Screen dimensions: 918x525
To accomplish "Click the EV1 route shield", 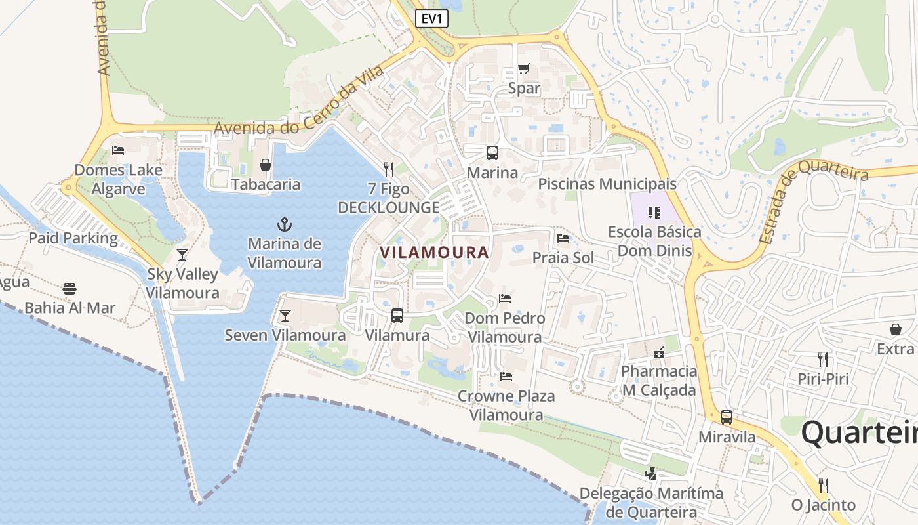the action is pyautogui.click(x=431, y=18).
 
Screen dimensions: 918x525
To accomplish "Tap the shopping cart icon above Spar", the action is pyautogui.click(x=523, y=68).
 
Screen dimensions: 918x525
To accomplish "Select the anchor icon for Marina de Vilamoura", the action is pyautogui.click(x=285, y=224).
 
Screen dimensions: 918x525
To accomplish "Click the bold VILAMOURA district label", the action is pyautogui.click(x=434, y=252).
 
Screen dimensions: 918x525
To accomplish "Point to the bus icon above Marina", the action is pyautogui.click(x=492, y=153).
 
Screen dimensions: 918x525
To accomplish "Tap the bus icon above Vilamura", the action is pyautogui.click(x=397, y=316).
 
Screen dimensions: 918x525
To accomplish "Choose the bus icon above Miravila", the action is pyautogui.click(x=727, y=417).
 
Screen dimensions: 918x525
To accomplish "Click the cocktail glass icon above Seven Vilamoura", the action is pyautogui.click(x=285, y=316).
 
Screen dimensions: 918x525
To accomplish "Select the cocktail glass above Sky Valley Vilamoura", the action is pyautogui.click(x=182, y=255).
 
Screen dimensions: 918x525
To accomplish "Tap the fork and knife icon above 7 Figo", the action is pyautogui.click(x=388, y=169).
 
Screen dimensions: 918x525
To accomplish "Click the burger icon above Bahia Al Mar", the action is pyautogui.click(x=70, y=289).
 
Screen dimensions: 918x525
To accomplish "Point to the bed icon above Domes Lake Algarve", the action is pyautogui.click(x=118, y=150).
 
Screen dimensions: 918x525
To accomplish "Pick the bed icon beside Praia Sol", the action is pyautogui.click(x=563, y=238).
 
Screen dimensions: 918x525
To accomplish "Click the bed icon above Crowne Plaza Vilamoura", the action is pyautogui.click(x=506, y=377).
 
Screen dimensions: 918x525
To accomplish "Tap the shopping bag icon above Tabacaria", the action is pyautogui.click(x=266, y=165).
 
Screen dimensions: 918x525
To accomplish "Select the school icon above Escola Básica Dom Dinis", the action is pyautogui.click(x=654, y=212).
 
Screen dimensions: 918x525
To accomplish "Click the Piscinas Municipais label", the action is pyautogui.click(x=607, y=184).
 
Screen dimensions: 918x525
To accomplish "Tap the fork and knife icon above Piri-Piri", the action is pyautogui.click(x=823, y=359).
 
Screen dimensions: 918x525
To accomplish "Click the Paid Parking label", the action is pyautogui.click(x=73, y=238).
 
